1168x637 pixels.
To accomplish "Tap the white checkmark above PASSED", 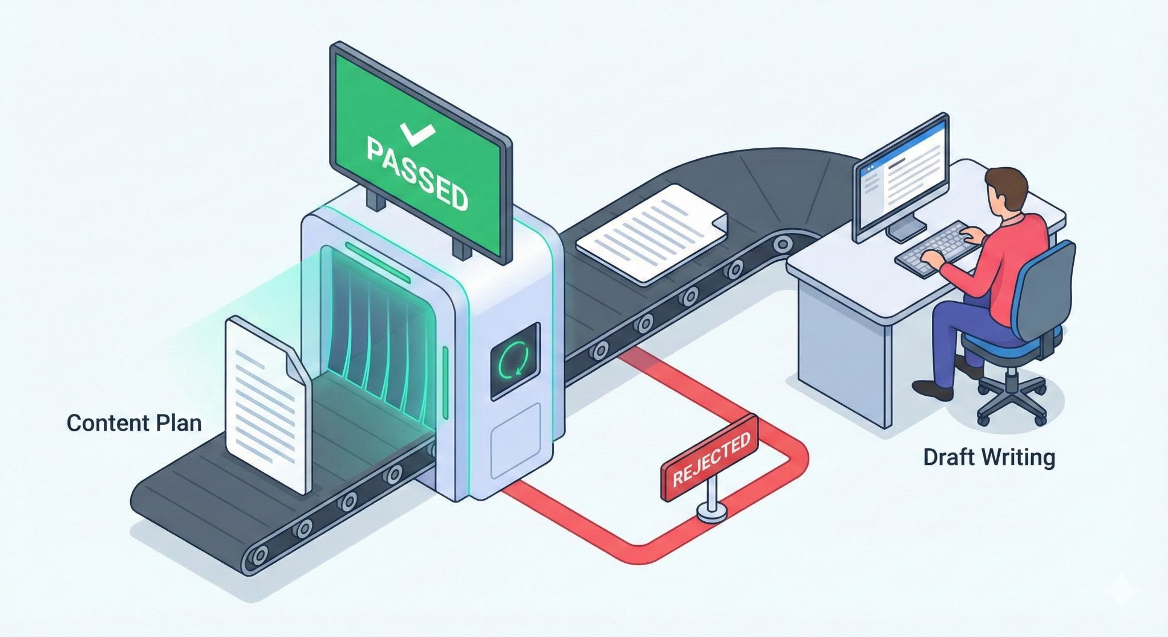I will click(x=418, y=133).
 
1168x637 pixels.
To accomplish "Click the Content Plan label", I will click(x=134, y=423).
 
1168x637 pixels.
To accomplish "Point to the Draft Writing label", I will click(x=989, y=457).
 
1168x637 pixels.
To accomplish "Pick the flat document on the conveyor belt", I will click(x=650, y=231).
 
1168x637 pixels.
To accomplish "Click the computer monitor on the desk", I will click(x=901, y=177).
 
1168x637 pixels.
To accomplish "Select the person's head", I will click(x=1007, y=191).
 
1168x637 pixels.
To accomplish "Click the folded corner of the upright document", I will click(x=297, y=365).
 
